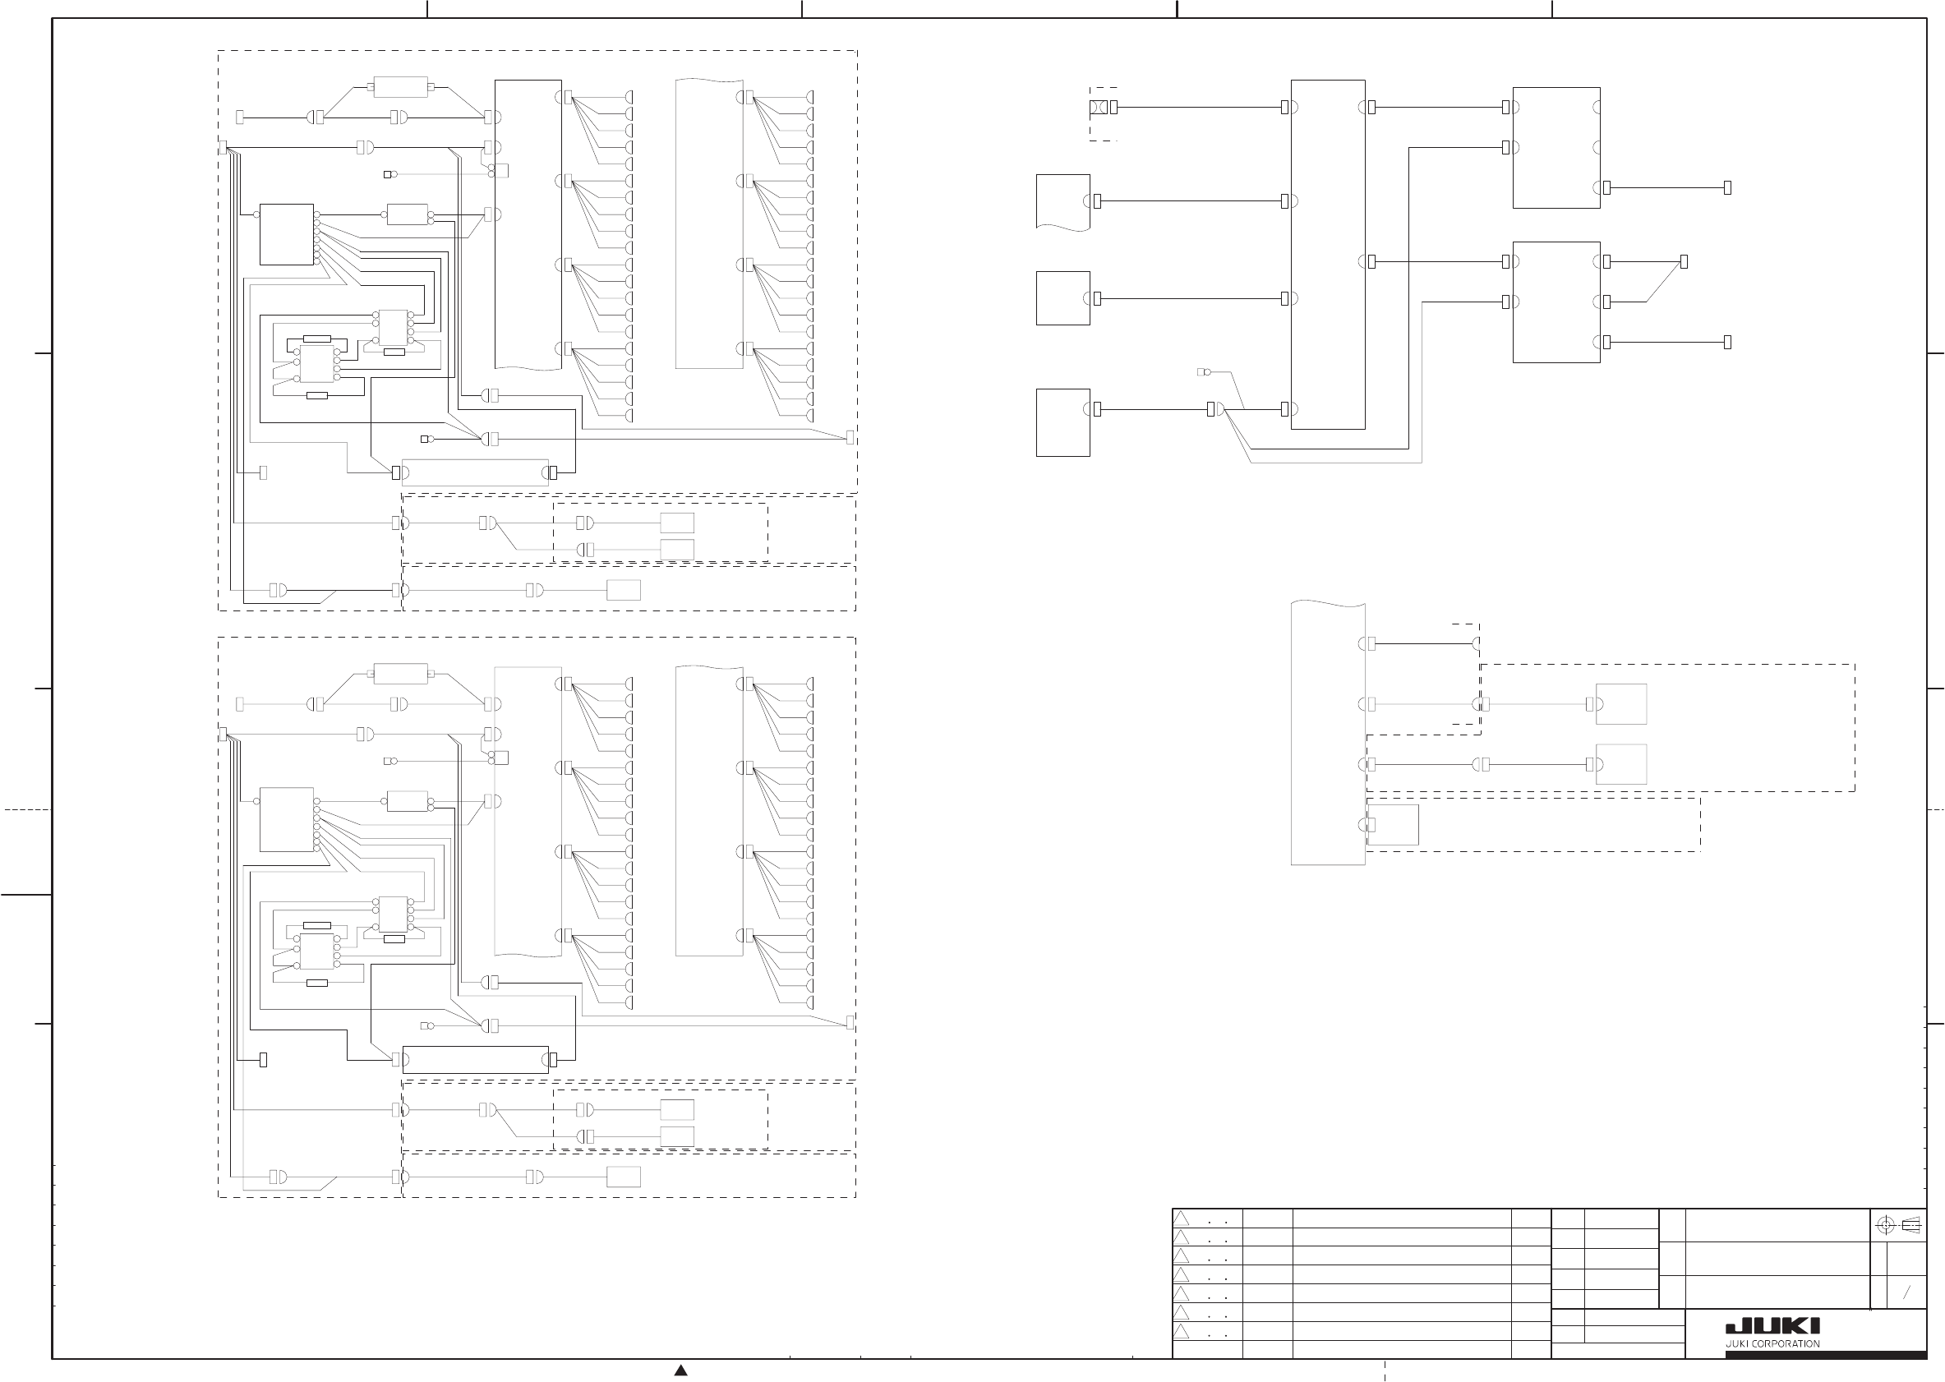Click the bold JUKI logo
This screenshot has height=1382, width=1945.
tap(1772, 1326)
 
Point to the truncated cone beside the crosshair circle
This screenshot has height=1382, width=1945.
tap(1910, 1225)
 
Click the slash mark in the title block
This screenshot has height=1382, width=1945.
tap(1906, 1292)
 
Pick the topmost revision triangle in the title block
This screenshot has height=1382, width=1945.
tap(1181, 1218)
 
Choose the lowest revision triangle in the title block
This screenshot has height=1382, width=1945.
tap(1181, 1331)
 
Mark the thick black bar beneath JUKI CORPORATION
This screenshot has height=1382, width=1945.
tap(1805, 1354)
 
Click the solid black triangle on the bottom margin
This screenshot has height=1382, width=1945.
tap(680, 1370)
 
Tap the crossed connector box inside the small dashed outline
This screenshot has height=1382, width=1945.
tap(1098, 108)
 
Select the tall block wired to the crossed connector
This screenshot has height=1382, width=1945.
tap(1327, 255)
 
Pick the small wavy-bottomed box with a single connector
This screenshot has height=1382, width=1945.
tap(1062, 201)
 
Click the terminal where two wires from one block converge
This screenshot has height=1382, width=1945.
tap(1684, 262)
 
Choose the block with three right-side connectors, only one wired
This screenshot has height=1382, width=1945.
tap(1556, 147)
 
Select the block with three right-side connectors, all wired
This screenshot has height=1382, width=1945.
tap(1556, 302)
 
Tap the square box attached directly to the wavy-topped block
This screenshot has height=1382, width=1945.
tap(1393, 825)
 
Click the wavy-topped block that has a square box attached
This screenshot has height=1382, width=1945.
tap(1327, 733)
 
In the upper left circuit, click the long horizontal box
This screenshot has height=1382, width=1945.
tap(475, 472)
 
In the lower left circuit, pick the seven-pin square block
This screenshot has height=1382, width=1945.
tap(287, 819)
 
